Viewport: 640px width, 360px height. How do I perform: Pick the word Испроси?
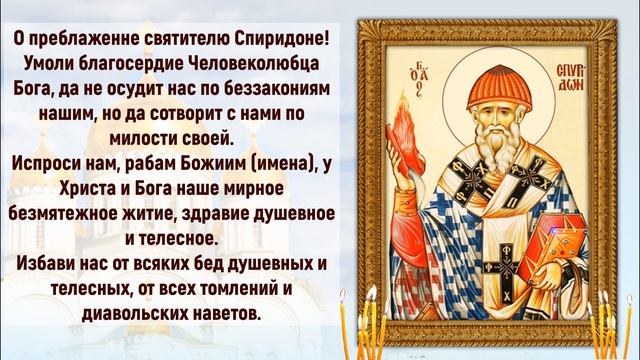(51, 159)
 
